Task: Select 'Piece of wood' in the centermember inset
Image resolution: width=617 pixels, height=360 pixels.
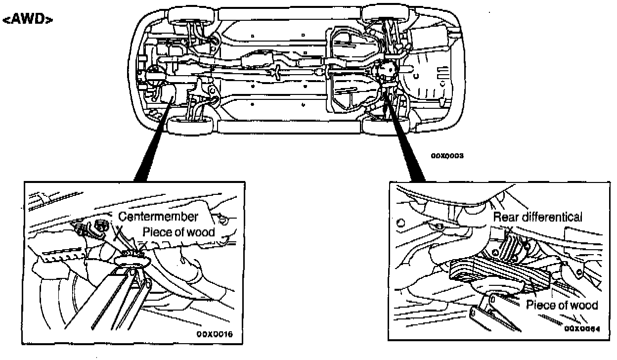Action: tap(179, 232)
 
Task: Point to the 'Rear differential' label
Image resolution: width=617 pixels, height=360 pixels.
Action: tap(538, 217)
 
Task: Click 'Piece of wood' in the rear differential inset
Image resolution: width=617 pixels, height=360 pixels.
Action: tap(562, 305)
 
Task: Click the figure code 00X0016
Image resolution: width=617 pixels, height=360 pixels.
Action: tap(214, 335)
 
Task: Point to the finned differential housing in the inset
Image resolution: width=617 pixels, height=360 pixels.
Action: tap(509, 250)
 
